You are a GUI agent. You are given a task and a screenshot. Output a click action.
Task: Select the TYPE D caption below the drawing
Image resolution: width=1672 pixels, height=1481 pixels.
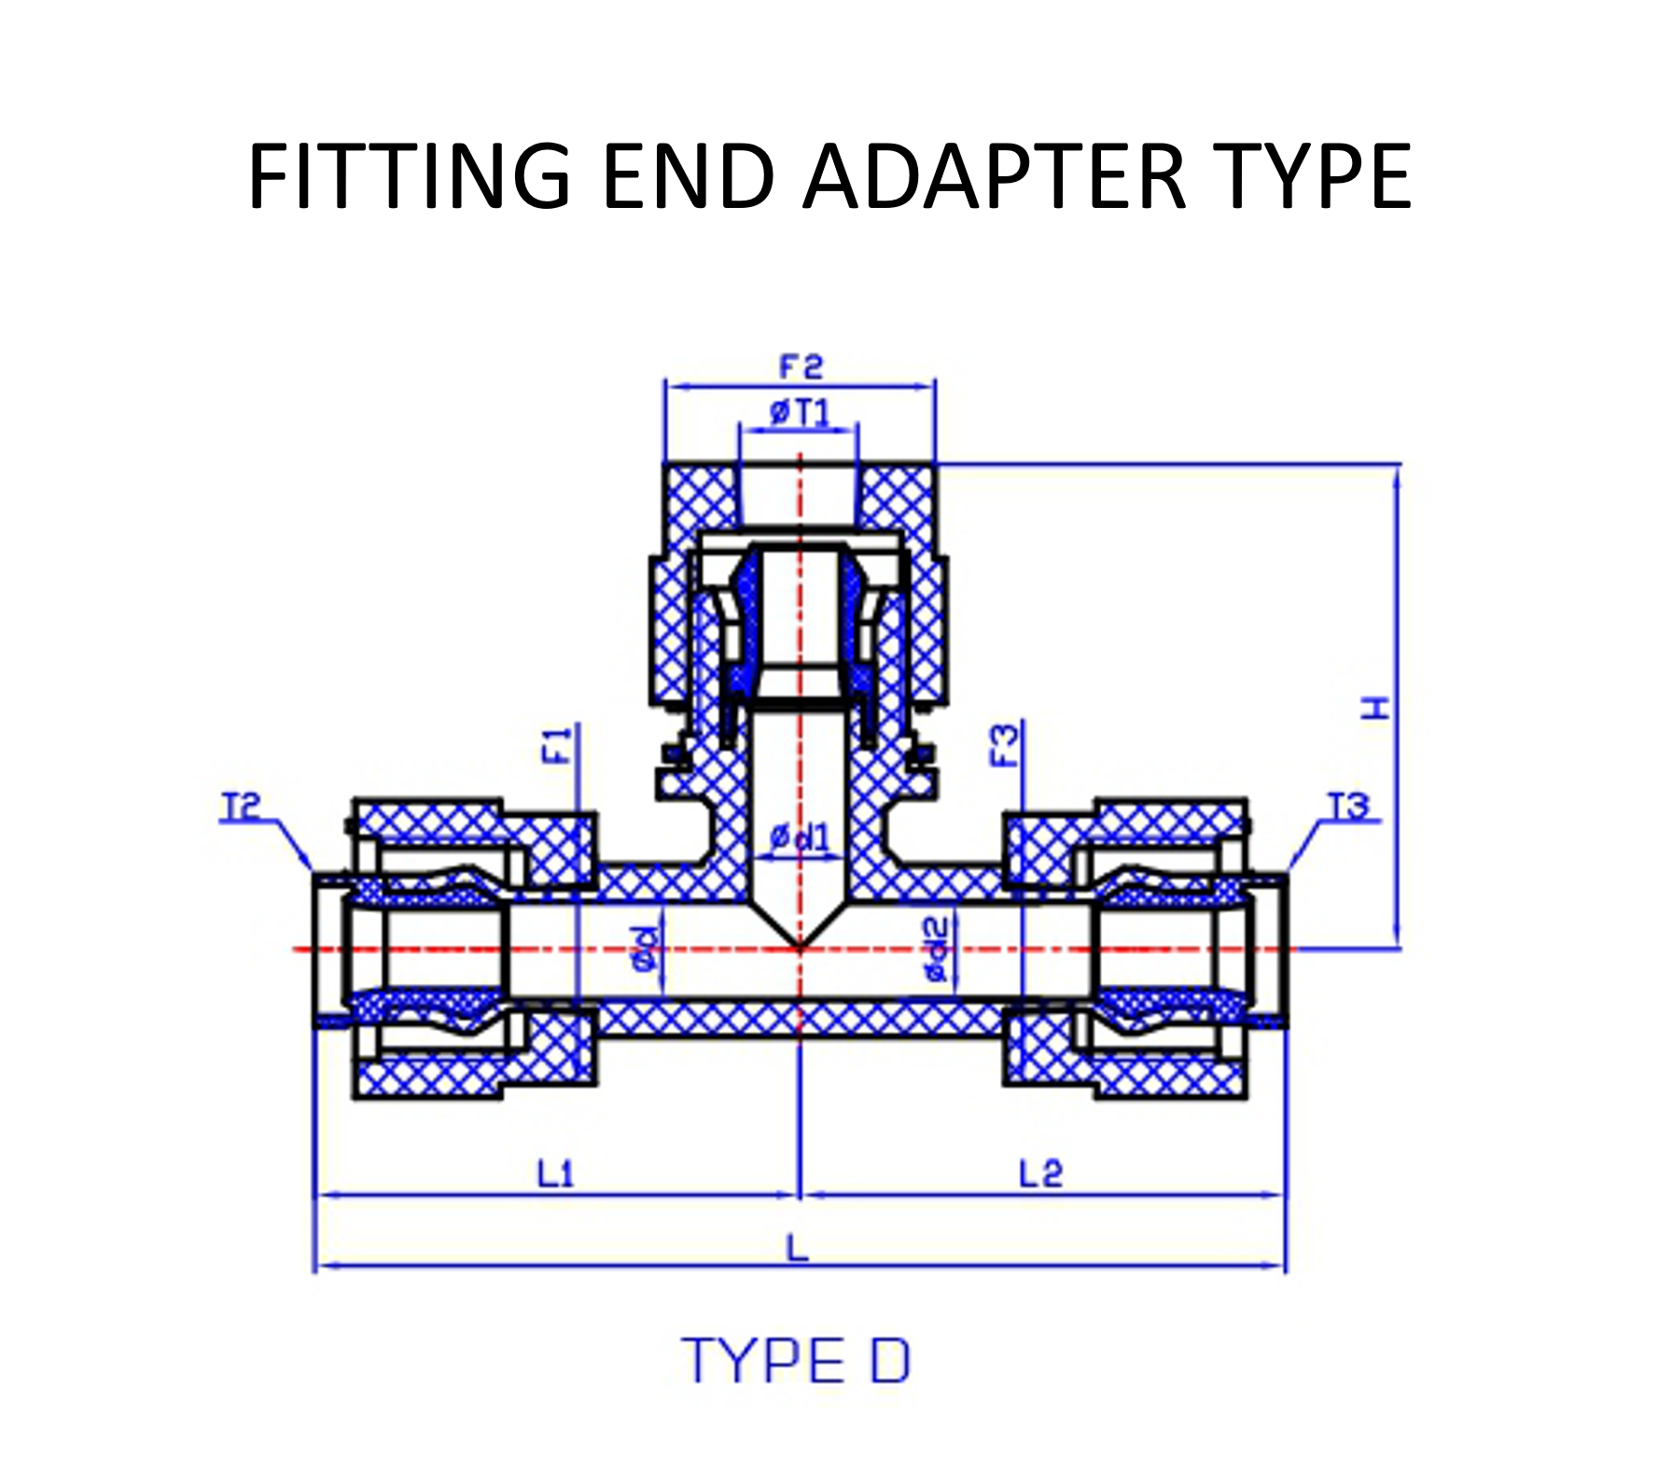[x=797, y=1361]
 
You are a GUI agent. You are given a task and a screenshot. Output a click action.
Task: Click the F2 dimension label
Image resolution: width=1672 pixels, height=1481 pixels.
[x=801, y=367]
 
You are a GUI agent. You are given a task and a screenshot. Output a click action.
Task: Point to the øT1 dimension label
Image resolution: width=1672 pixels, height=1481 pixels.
[x=800, y=411]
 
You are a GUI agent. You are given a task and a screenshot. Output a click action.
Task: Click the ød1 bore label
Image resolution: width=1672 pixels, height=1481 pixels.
[x=800, y=838]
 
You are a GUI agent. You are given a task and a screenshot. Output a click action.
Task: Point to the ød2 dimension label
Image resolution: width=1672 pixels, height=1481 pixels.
[x=936, y=949]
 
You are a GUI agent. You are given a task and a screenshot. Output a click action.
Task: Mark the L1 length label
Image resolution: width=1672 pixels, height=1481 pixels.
[x=556, y=1173]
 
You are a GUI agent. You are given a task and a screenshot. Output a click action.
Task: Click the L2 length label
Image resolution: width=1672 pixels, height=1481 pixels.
[x=1040, y=1173]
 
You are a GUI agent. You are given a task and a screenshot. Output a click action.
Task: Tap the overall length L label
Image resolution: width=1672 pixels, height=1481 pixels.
[x=797, y=1248]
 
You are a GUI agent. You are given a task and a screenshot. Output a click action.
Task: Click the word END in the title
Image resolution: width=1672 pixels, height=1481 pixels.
[x=689, y=176]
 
